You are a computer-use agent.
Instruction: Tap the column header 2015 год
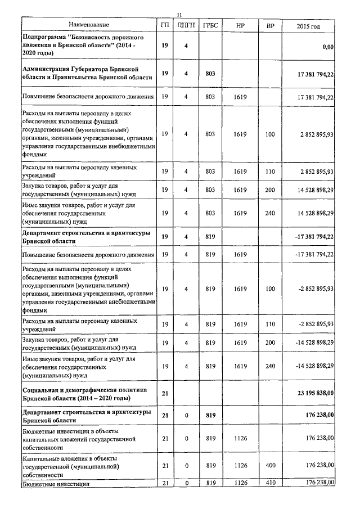308,26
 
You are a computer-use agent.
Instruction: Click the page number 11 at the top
178,15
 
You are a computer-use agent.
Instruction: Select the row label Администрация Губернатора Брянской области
87,74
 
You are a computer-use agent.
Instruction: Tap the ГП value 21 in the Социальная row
165,393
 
